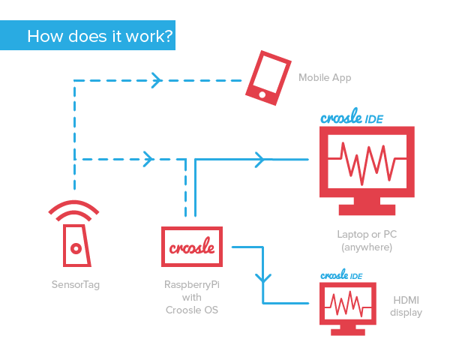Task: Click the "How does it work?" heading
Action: coord(100,36)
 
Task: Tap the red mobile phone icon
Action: coord(268,76)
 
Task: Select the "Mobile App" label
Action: coord(325,77)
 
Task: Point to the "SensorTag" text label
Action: coord(75,284)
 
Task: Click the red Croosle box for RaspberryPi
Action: coord(193,247)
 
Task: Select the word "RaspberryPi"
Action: coord(192,284)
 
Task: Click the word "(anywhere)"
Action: coord(367,247)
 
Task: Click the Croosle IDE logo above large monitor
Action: coord(352,118)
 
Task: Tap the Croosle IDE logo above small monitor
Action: coord(341,275)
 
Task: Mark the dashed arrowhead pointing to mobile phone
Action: coord(156,79)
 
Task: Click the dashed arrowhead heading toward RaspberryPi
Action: coord(148,159)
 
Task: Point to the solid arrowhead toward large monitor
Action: coord(259,159)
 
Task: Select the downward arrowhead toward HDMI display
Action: coord(262,277)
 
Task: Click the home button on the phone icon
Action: coord(259,94)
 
